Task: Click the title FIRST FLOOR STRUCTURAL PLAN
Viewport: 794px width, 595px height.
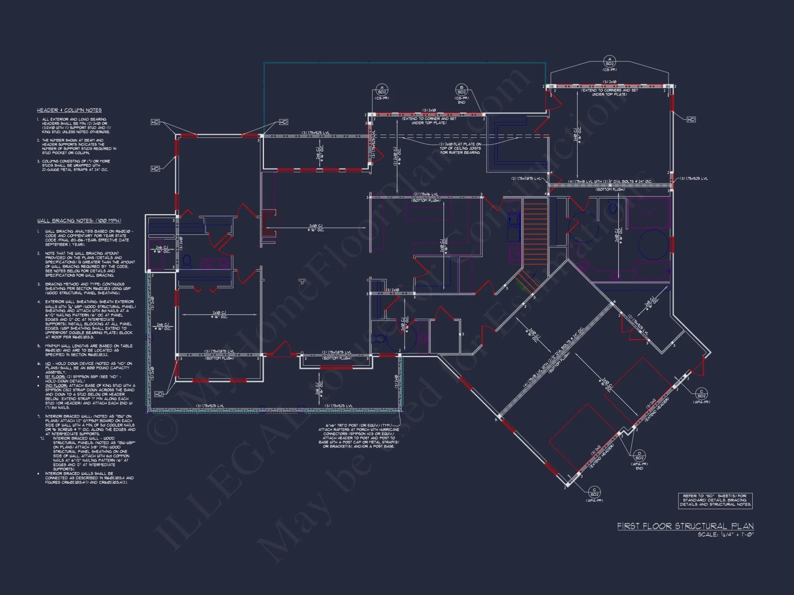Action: click(x=685, y=526)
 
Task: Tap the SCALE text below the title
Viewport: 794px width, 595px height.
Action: click(x=725, y=535)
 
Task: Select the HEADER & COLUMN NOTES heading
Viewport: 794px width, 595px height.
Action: click(x=69, y=110)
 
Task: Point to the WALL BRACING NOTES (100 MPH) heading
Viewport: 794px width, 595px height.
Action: click(x=79, y=221)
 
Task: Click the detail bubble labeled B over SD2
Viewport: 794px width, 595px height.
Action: click(x=461, y=90)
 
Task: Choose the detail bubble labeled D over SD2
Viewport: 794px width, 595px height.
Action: click(x=639, y=456)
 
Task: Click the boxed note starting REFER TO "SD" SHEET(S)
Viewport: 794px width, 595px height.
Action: click(x=715, y=500)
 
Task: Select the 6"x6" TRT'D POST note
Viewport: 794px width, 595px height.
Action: click(x=358, y=436)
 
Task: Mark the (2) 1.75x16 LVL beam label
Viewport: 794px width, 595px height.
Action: click(x=426, y=194)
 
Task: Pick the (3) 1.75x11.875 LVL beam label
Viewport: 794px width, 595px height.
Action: click(x=219, y=351)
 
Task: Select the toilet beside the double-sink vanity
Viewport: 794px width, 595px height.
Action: click(x=187, y=261)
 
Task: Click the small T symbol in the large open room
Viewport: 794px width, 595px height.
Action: click(x=303, y=282)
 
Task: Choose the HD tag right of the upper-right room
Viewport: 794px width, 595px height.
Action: click(x=691, y=119)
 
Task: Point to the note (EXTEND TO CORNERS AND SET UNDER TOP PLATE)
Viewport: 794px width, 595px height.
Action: click(x=609, y=92)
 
